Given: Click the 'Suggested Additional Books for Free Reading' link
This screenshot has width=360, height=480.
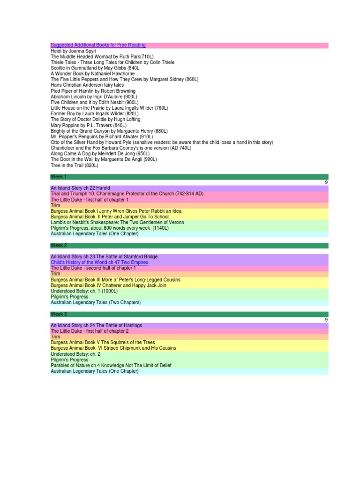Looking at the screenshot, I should [x=98, y=45].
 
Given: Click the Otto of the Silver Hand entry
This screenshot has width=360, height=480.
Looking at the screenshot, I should [x=162, y=142].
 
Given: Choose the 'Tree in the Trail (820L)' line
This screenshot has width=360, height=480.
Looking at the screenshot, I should [x=75, y=165].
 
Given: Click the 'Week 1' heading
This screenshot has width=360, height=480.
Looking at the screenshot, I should [x=59, y=177].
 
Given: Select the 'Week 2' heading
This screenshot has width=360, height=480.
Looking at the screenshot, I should [x=59, y=245].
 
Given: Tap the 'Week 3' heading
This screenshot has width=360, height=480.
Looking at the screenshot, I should [x=59, y=314].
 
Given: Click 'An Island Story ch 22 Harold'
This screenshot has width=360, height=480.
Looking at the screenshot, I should [x=80, y=188].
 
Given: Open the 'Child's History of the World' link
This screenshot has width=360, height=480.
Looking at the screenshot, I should [x=99, y=262].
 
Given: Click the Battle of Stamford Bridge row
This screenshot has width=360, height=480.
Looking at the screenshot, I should [x=104, y=257].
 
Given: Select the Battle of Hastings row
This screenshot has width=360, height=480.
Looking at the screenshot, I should [x=96, y=325].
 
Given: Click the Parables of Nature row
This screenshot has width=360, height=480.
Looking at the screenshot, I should [x=111, y=366].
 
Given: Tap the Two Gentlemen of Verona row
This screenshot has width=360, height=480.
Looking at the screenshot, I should [x=117, y=222].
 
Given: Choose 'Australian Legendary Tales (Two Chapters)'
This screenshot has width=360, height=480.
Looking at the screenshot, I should [x=96, y=302].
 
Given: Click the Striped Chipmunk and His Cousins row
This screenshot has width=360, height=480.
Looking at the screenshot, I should [x=113, y=348].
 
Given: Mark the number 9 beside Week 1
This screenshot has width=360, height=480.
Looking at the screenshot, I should [x=326, y=182].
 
